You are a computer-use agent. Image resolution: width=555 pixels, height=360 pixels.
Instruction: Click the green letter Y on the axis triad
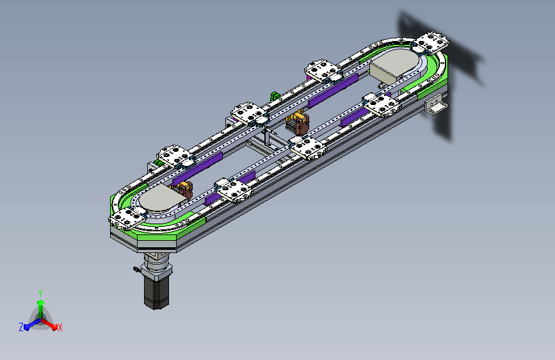(x=40, y=293)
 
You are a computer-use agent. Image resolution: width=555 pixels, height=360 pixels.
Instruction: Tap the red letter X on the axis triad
(x=60, y=328)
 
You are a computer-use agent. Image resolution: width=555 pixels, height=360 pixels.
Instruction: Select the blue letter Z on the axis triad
(x=21, y=327)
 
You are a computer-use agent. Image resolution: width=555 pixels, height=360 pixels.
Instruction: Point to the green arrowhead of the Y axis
(x=40, y=302)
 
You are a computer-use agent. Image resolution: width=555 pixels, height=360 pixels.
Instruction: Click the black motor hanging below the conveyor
(x=156, y=292)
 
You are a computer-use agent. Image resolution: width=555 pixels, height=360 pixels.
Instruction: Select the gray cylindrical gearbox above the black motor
(x=156, y=265)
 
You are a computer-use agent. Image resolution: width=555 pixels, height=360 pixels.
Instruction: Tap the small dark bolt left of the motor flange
(x=136, y=270)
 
